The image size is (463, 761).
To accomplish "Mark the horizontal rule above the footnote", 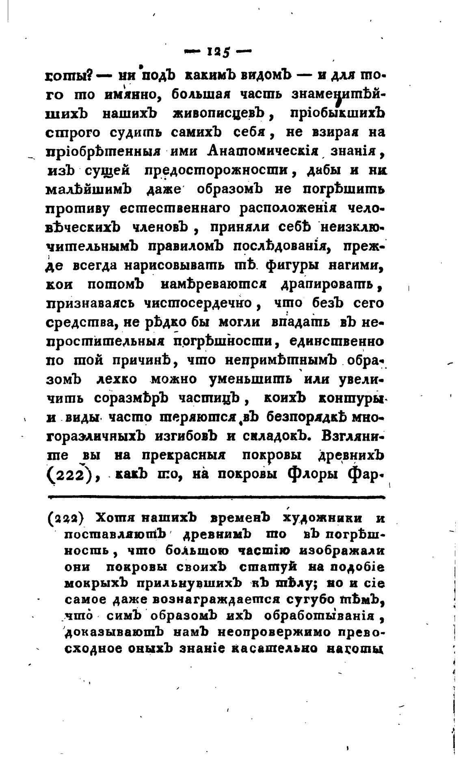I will coord(216,496).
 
